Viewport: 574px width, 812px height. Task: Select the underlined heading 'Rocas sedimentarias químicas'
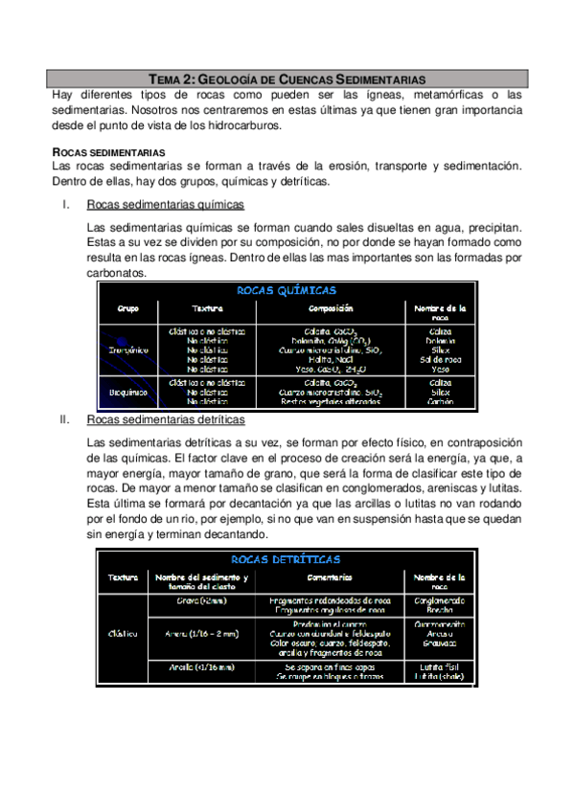point(165,205)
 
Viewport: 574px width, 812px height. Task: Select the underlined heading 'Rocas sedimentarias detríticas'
point(165,420)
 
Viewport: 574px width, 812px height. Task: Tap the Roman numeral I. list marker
point(64,205)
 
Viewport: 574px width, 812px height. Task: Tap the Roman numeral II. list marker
point(65,420)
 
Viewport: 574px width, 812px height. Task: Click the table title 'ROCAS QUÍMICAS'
point(286,290)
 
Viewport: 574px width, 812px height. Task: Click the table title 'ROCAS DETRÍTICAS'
point(286,559)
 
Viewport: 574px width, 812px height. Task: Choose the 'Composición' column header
point(331,309)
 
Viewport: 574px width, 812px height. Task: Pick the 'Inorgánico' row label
point(127,350)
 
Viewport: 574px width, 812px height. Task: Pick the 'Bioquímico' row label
point(127,392)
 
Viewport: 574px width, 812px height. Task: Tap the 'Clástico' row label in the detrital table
point(124,633)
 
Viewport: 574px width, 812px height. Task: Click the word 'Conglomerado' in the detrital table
point(440,600)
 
